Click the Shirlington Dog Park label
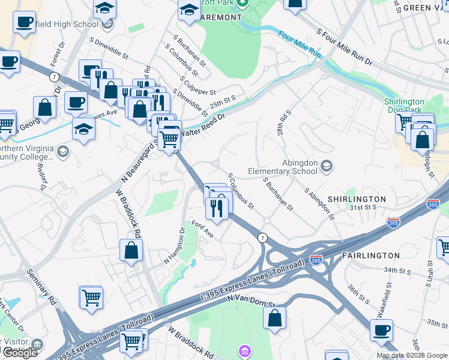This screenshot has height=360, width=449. coord(405,106)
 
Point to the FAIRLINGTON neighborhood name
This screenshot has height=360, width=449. coord(370,255)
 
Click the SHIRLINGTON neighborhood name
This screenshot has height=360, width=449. coord(357,199)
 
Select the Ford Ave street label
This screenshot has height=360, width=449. coord(202,229)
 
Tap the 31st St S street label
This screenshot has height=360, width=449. coord(363,207)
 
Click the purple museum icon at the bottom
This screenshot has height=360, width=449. coord(244,350)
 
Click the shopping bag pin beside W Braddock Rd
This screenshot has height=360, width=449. coord(131,250)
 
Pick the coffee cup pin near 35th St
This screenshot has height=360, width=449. coord(381,330)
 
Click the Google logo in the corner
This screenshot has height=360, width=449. coord(20,353)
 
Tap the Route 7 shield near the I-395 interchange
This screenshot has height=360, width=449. coord(262,238)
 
